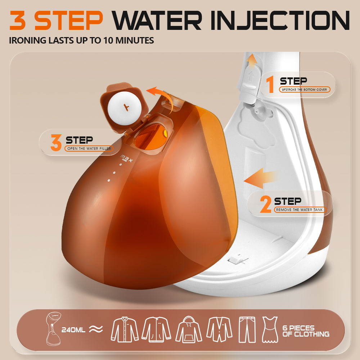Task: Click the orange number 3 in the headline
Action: pos(17,21)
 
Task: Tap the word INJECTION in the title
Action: pos(280,21)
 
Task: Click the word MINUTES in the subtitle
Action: pos(135,40)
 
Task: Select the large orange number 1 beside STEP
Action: pos(271,84)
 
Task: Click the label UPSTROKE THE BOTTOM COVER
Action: pos(305,90)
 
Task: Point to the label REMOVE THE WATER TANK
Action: pos(300,210)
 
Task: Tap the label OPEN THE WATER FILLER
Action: pos(89,149)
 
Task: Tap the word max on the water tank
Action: pos(126,158)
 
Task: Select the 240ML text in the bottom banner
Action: pos(73,330)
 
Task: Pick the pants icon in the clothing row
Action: pos(247,330)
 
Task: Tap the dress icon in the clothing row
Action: pos(270,330)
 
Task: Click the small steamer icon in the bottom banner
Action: pos(53,328)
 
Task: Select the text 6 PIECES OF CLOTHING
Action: pos(306,331)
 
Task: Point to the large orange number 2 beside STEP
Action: pos(266,204)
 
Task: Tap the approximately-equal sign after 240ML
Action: pos(96,329)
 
